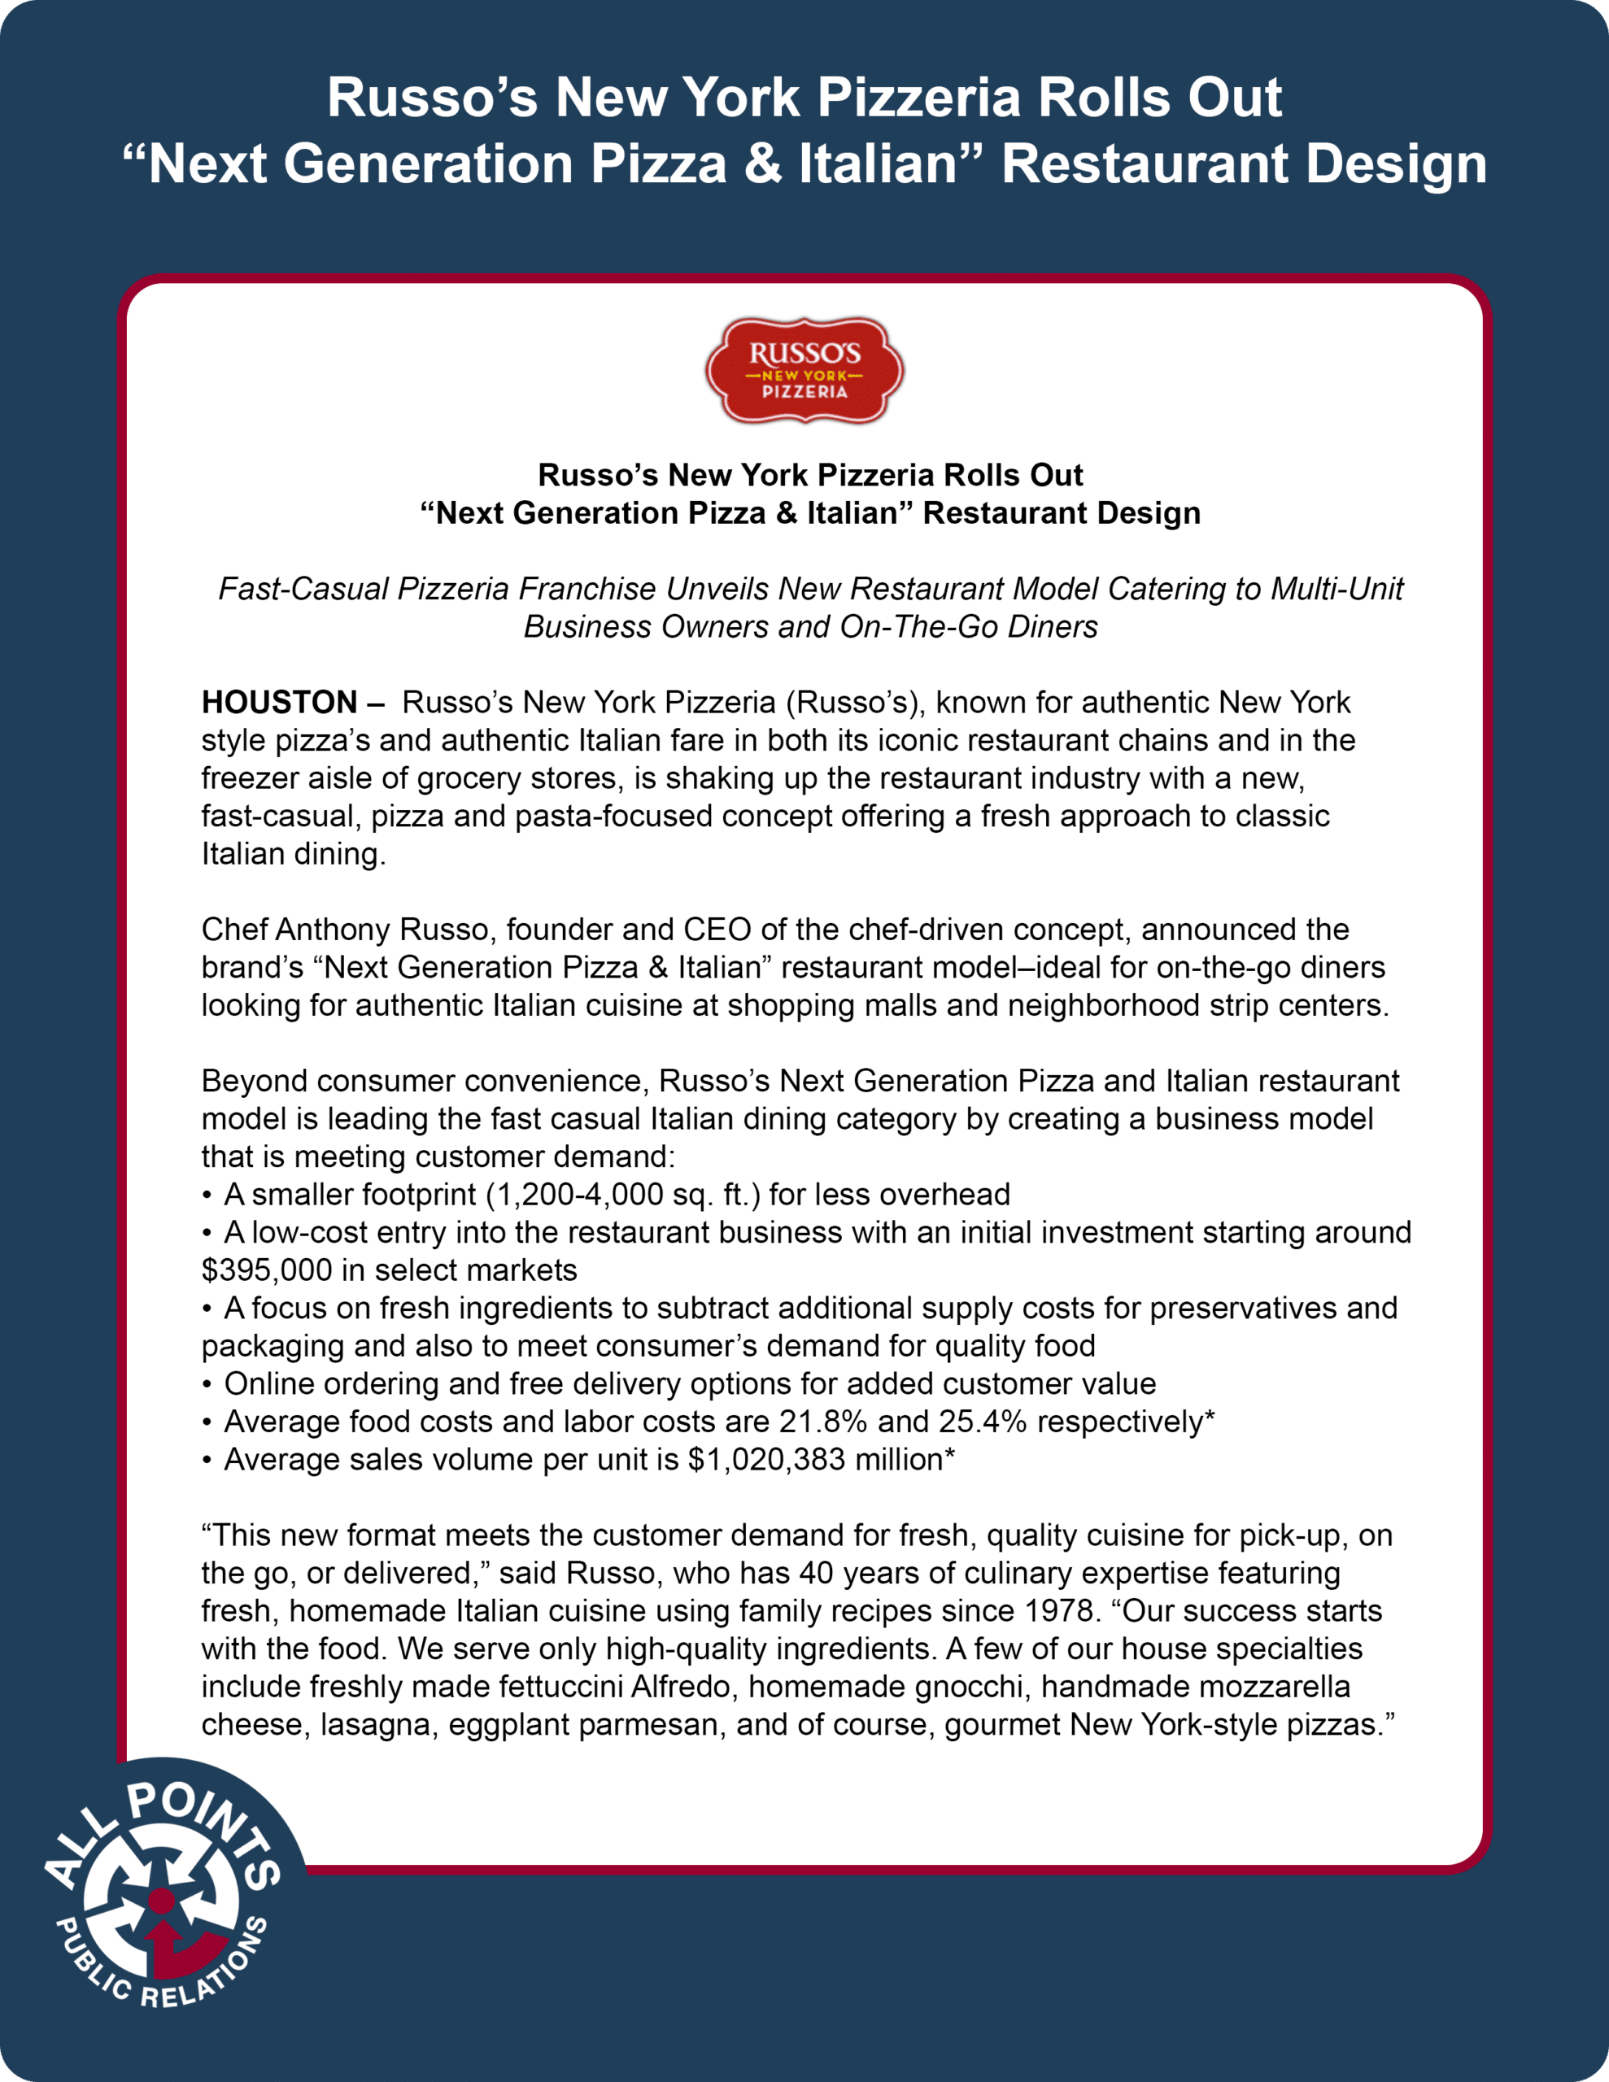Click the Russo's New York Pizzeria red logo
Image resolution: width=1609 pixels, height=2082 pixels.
[x=804, y=371]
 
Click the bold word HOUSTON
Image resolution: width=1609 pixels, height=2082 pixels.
[x=278, y=703]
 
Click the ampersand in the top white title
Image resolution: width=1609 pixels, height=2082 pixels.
[x=762, y=164]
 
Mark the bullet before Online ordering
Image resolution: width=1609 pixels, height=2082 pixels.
[x=207, y=1384]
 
